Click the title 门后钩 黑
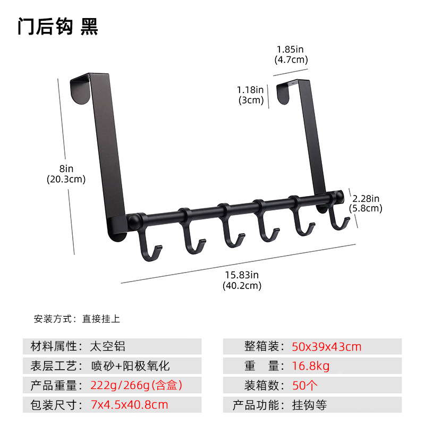57,26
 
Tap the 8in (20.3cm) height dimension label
66,174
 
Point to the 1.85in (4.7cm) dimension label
292,54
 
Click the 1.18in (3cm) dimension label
251,95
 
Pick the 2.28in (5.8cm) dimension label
366,203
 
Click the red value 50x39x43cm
326,347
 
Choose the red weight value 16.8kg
311,366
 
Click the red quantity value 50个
306,385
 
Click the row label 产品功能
256,405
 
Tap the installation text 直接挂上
101,319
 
